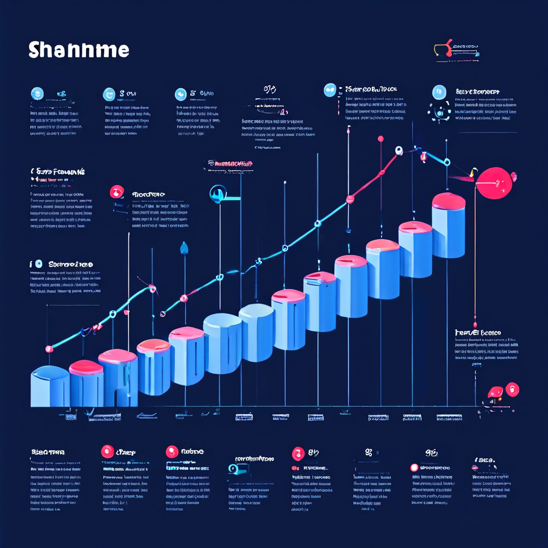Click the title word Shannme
click(x=79, y=50)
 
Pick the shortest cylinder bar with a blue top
click(x=50, y=386)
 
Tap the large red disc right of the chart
click(x=495, y=182)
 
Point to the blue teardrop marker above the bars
click(x=185, y=247)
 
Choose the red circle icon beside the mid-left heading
click(x=117, y=192)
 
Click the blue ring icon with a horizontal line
click(x=218, y=193)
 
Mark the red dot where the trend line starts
click(x=49, y=349)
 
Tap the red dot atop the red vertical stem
click(x=380, y=139)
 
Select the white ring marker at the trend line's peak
click(x=399, y=151)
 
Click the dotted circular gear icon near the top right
click(x=440, y=112)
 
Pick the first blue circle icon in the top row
click(x=37, y=93)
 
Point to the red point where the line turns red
click(x=350, y=200)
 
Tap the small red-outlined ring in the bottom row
click(x=414, y=468)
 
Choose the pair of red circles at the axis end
click(x=503, y=391)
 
